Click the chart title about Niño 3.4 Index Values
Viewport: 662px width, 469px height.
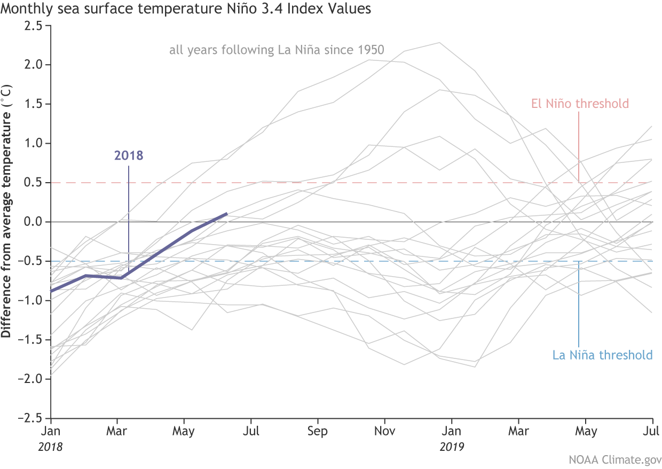pyautogui.click(x=186, y=9)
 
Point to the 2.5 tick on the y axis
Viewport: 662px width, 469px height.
pyautogui.click(x=35, y=25)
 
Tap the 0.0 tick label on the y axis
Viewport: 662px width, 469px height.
pyautogui.click(x=35, y=222)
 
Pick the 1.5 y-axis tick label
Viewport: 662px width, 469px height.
pyautogui.click(x=35, y=104)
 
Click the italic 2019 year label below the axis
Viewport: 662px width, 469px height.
pyautogui.click(x=452, y=447)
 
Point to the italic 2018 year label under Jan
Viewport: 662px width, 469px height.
pyautogui.click(x=50, y=447)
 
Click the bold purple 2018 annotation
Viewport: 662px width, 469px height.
pyautogui.click(x=129, y=156)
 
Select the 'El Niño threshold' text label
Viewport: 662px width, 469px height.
pyautogui.click(x=580, y=104)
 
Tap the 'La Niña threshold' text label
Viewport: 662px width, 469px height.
pyautogui.click(x=602, y=355)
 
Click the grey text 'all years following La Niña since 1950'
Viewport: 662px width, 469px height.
pyautogui.click(x=277, y=51)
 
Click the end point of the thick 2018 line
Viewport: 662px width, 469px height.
pyautogui.click(x=227, y=214)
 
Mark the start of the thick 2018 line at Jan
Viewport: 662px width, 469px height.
pyautogui.click(x=51, y=291)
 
